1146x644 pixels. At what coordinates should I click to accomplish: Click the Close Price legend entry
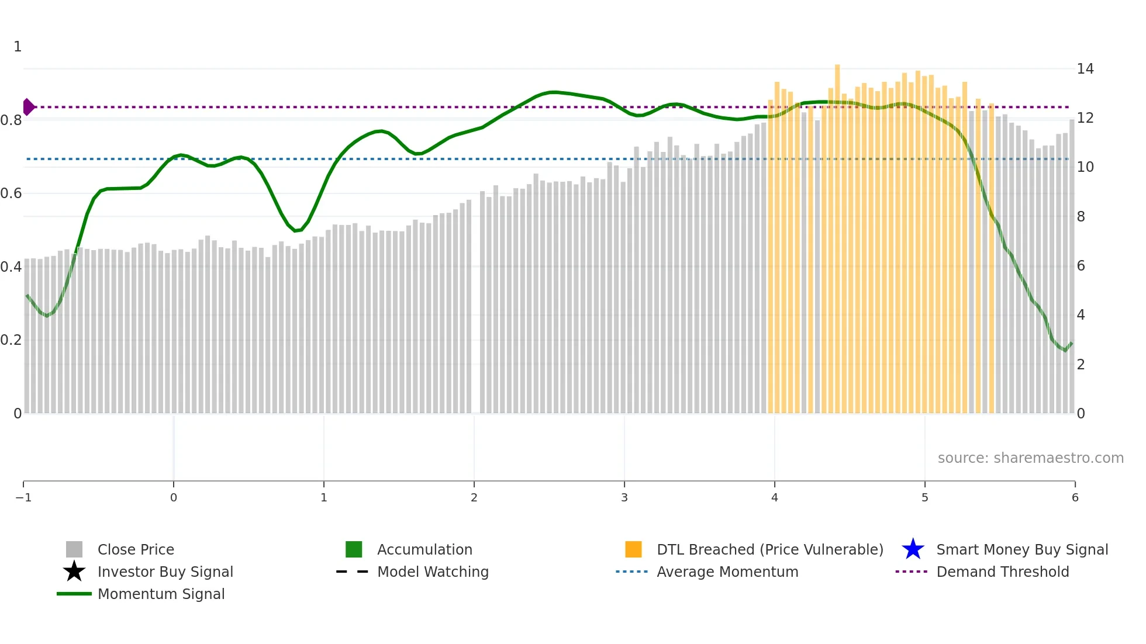pyautogui.click(x=135, y=549)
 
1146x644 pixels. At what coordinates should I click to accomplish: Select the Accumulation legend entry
pyautogui.click(x=424, y=549)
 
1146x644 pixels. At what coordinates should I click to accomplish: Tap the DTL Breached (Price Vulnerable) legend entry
pyautogui.click(x=769, y=549)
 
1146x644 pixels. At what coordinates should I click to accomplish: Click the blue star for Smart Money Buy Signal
pyautogui.click(x=913, y=549)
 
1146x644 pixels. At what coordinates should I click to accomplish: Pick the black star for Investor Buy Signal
pyautogui.click(x=74, y=572)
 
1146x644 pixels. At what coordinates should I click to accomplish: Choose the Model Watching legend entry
pyautogui.click(x=432, y=572)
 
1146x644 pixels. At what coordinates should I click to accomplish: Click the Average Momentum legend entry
pyautogui.click(x=727, y=572)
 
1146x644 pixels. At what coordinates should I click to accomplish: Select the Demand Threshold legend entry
pyautogui.click(x=1002, y=572)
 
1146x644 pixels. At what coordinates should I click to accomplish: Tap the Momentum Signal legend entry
pyautogui.click(x=161, y=594)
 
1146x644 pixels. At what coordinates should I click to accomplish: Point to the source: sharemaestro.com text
pyautogui.click(x=1030, y=458)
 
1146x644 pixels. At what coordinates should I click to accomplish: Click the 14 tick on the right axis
pyautogui.click(x=1085, y=69)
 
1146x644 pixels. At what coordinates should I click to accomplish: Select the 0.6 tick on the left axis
pyautogui.click(x=11, y=193)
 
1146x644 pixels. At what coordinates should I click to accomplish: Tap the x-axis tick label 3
pyautogui.click(x=624, y=497)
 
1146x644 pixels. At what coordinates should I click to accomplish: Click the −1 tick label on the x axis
pyautogui.click(x=23, y=497)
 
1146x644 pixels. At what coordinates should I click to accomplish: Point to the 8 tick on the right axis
pyautogui.click(x=1081, y=217)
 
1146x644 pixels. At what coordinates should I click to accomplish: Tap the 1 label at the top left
pyautogui.click(x=18, y=46)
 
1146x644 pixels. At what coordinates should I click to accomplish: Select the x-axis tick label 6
pyautogui.click(x=1075, y=497)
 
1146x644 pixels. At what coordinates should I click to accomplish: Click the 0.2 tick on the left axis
pyautogui.click(x=11, y=340)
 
